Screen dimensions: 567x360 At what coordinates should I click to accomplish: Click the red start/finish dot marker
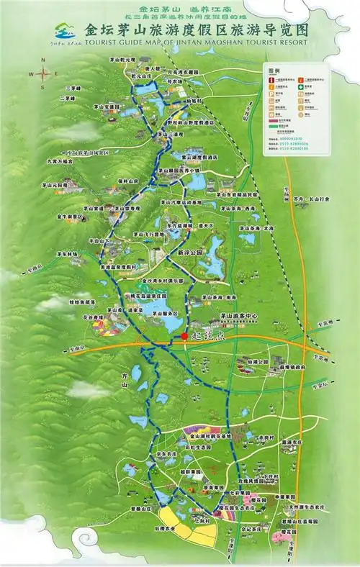(x=185, y=335)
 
